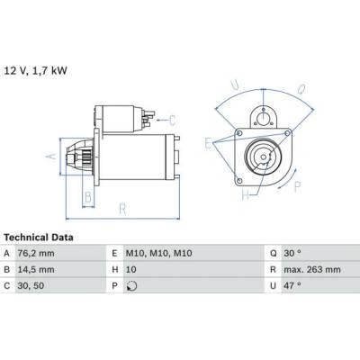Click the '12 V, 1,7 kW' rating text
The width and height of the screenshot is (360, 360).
pos(35,71)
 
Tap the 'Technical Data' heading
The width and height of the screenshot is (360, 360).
pos(39,238)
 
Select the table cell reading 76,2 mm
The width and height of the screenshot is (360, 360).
pos(36,254)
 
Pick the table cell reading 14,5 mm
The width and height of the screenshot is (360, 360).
pos(36,270)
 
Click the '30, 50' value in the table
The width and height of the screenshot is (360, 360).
pos(31,286)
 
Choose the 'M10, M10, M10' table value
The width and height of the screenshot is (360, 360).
pos(158,254)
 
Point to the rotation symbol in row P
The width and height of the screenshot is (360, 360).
pos(131,286)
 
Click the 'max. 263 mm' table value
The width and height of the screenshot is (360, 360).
pos(312,270)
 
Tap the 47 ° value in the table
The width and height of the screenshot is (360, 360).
pos(292,286)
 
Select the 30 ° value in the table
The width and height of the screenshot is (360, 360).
pos(292,254)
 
